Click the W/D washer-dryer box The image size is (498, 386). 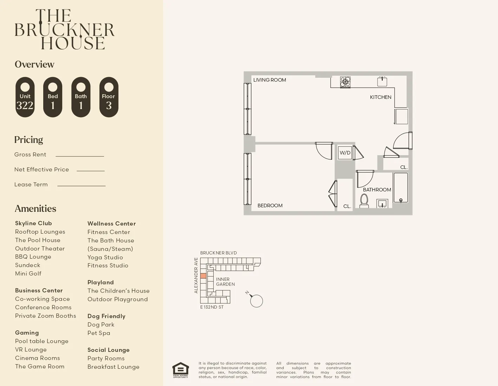(x=345, y=153)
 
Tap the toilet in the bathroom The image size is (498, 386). (x=364, y=201)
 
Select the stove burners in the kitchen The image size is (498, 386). (x=345, y=82)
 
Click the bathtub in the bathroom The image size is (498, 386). (x=401, y=188)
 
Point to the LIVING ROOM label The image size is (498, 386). (x=270, y=80)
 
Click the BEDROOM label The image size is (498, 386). (x=270, y=205)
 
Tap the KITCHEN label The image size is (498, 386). (x=381, y=97)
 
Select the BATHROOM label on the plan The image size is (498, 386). (x=377, y=190)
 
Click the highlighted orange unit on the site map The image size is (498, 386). (x=203, y=276)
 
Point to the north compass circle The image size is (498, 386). (x=257, y=301)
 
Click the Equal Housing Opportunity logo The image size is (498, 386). (x=181, y=370)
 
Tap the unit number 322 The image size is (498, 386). (x=25, y=105)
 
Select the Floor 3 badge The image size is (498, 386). (x=109, y=97)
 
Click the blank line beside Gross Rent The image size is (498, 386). (x=80, y=155)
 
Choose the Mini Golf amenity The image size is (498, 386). (x=28, y=273)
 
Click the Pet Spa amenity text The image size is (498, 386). (x=99, y=333)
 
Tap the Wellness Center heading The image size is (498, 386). (x=111, y=223)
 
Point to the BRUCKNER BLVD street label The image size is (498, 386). (x=218, y=253)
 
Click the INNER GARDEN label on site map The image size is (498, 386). (x=225, y=281)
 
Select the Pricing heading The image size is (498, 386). (x=28, y=140)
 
